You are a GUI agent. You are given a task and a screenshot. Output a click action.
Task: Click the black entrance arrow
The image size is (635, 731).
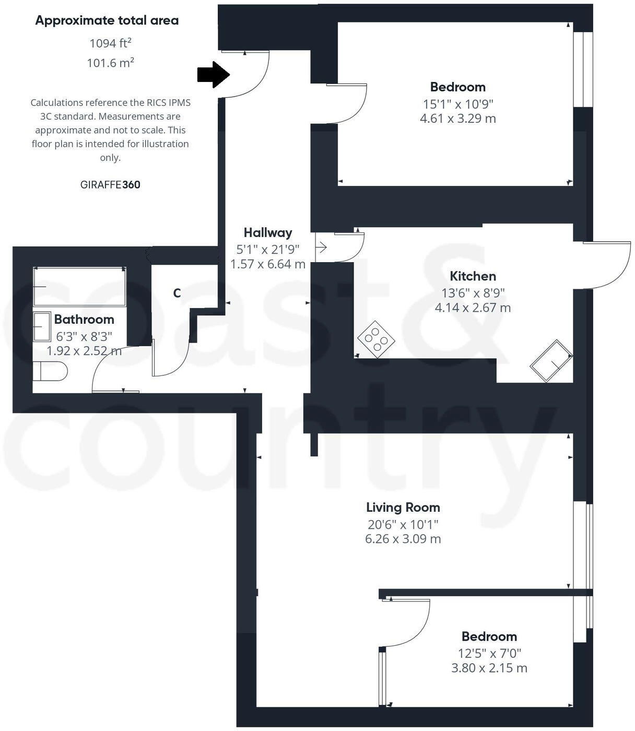[x=214, y=75]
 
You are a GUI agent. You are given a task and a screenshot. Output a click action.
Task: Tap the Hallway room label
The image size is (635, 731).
[x=268, y=232]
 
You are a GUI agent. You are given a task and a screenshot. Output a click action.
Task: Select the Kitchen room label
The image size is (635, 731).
[x=473, y=276]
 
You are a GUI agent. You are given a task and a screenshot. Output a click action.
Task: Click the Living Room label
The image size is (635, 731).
[x=403, y=507]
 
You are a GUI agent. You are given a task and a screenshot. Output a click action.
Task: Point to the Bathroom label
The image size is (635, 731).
[x=84, y=319]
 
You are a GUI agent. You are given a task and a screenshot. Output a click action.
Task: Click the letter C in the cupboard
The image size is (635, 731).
[x=177, y=293]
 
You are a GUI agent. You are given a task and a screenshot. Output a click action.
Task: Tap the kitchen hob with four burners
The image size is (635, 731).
[x=376, y=339]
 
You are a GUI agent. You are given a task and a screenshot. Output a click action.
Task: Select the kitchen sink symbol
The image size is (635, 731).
[x=551, y=360]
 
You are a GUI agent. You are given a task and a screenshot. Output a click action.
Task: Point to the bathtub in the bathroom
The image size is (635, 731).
[x=80, y=287]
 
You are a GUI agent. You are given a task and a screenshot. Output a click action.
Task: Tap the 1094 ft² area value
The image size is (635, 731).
[x=110, y=43]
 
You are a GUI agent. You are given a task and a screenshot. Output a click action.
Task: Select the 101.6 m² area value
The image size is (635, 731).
[x=110, y=63]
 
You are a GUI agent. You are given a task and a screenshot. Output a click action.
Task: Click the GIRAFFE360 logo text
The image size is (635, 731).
[x=110, y=184]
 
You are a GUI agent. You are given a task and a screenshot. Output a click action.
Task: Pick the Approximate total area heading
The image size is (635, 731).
[x=107, y=20]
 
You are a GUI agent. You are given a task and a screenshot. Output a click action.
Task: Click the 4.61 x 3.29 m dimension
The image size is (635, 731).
[x=457, y=119]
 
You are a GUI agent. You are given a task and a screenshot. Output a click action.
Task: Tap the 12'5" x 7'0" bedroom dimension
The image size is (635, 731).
[x=489, y=653]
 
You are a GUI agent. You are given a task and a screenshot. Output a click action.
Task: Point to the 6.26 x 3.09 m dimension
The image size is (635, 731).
[x=403, y=539]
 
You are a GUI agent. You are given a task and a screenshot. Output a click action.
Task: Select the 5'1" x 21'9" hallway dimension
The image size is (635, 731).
[x=268, y=249]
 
